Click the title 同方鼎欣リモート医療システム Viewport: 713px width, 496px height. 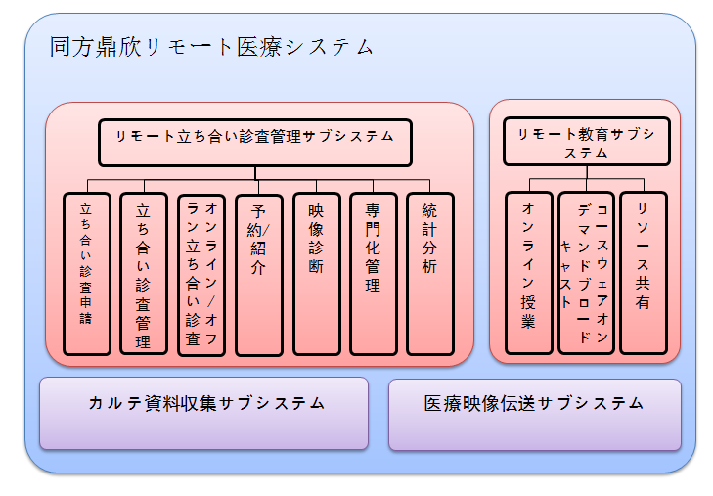pyautogui.click(x=211, y=47)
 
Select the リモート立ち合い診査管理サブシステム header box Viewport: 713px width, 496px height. pyautogui.click(x=254, y=143)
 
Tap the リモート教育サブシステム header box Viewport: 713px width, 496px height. pyautogui.click(x=587, y=142)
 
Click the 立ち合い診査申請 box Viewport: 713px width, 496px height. pyautogui.click(x=87, y=273)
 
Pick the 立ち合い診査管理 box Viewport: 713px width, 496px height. pyautogui.click(x=144, y=273)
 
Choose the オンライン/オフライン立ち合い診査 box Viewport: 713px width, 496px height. pyautogui.click(x=201, y=273)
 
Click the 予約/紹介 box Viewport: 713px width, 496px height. pyautogui.click(x=259, y=273)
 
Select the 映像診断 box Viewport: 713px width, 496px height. pyautogui.click(x=316, y=273)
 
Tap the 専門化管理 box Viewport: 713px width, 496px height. pyautogui.click(x=373, y=273)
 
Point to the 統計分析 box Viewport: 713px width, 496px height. pyautogui.click(x=430, y=273)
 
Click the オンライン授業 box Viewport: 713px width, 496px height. pyautogui.click(x=529, y=272)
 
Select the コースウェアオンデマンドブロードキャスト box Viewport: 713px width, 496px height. pyautogui.click(x=586, y=272)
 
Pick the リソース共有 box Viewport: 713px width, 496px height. pyautogui.click(x=644, y=272)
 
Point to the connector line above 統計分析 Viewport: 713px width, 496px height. pyautogui.click(x=430, y=186)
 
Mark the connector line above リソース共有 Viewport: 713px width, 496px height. pyautogui.click(x=644, y=185)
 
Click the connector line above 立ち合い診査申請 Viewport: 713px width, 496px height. pyautogui.click(x=87, y=186)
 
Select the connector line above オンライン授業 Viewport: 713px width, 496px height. pyautogui.click(x=529, y=185)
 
